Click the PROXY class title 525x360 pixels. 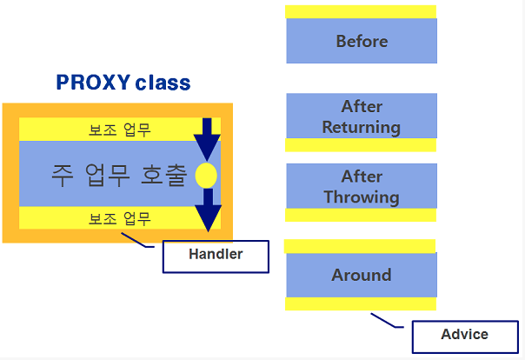pos(123,83)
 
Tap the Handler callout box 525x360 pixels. pos(216,256)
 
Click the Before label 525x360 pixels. pos(362,41)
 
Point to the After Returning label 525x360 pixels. pos(362,117)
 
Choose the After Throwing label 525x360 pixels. pos(362,187)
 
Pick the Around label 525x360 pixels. pos(362,275)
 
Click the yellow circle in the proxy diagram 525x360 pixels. pos(206,176)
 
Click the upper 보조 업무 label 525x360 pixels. pos(119,130)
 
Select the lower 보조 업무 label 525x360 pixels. pos(119,217)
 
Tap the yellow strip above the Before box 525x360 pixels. pos(361,11)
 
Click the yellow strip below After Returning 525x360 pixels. pos(361,145)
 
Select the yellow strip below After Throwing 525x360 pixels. pos(361,215)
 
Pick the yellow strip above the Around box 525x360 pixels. pos(361,246)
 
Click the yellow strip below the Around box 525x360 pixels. pos(361,304)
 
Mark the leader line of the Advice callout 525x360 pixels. pos(388,321)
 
